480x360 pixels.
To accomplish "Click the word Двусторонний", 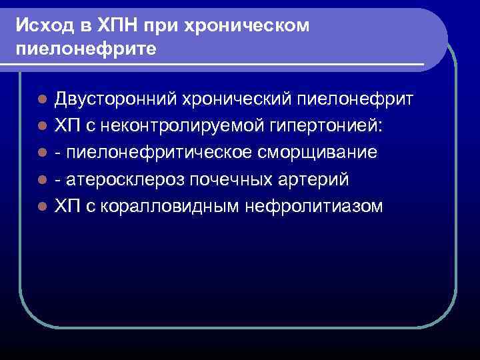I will [x=113, y=99].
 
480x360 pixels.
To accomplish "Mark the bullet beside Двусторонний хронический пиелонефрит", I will [x=41, y=100].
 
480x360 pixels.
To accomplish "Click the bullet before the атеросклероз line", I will [x=41, y=180].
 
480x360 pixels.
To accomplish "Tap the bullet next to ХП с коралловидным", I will [x=41, y=207].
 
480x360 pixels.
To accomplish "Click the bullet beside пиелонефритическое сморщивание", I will [x=41, y=153].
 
